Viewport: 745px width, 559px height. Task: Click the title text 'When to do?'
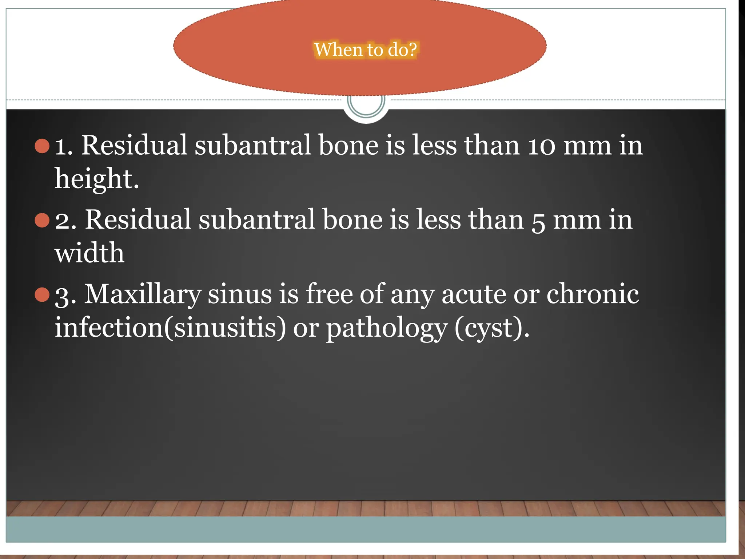(x=365, y=49)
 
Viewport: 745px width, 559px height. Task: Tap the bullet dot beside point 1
(x=42, y=146)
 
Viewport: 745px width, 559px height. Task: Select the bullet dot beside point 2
(x=42, y=221)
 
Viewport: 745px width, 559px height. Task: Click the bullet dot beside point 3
(x=42, y=295)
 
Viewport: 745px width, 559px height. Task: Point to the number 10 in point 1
(x=542, y=146)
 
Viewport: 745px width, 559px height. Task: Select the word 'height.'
(x=97, y=179)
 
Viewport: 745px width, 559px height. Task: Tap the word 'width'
(x=89, y=253)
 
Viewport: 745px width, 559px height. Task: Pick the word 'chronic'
(x=593, y=294)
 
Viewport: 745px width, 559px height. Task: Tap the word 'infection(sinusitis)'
(x=170, y=328)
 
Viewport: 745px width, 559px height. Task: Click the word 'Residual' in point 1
(x=134, y=146)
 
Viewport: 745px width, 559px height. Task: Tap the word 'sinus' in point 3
(x=240, y=294)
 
